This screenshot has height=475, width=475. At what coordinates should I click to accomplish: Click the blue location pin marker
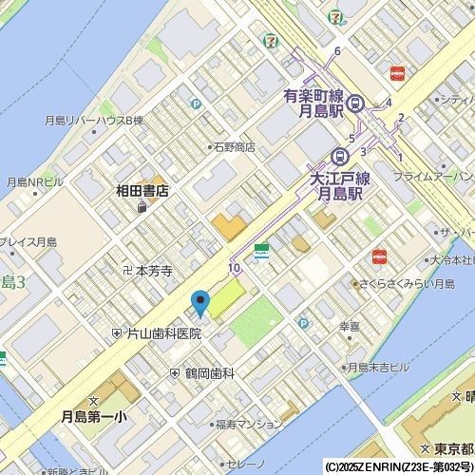point(200,303)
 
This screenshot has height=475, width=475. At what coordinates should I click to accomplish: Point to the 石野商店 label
point(233,147)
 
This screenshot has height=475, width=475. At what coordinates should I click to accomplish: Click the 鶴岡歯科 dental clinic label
point(209,373)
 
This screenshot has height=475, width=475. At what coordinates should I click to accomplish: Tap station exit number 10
point(234,269)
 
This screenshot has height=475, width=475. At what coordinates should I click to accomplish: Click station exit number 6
point(337,50)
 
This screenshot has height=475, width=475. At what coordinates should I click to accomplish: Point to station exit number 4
point(389,103)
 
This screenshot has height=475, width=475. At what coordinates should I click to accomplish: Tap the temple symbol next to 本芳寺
point(127,271)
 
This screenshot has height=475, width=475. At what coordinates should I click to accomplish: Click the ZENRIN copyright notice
point(399,467)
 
